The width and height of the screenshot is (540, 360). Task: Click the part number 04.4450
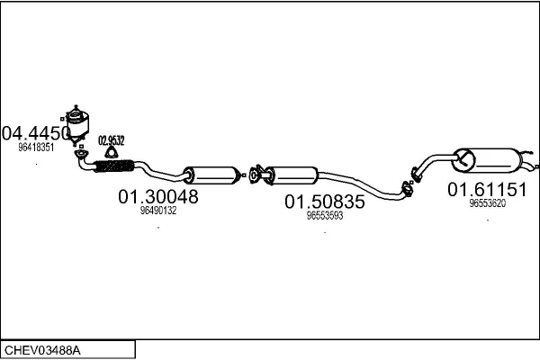36,133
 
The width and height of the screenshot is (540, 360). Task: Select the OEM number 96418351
36,147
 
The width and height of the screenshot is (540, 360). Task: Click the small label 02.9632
112,139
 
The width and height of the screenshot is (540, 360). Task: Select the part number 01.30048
158,195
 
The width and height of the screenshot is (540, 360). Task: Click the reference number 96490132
158,211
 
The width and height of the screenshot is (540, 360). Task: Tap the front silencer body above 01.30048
210,174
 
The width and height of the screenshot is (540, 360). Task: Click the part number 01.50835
325,202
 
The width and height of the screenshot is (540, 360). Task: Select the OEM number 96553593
325,216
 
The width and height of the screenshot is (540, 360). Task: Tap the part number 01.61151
487,190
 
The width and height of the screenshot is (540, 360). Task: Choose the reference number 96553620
487,203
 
